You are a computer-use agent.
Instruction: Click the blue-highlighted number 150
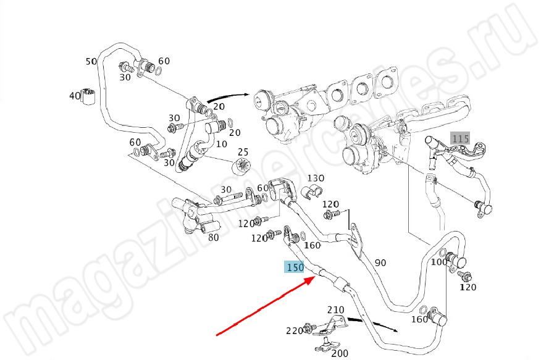pos(294,267)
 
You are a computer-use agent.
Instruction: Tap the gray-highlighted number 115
pos(460,138)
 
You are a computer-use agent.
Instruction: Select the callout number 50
pos(91,61)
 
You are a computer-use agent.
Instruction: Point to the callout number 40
pos(75,96)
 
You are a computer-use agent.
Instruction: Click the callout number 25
pos(243,152)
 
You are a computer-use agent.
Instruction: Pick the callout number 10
pos(222,143)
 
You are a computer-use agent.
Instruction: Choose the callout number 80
pos(213,237)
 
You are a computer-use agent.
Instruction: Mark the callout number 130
pos(316,178)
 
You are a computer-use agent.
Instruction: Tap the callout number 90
pos(380,262)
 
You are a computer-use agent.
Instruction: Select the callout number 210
pos(335,309)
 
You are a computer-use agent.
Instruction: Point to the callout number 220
pos(294,330)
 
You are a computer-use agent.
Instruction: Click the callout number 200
pos(340,353)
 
